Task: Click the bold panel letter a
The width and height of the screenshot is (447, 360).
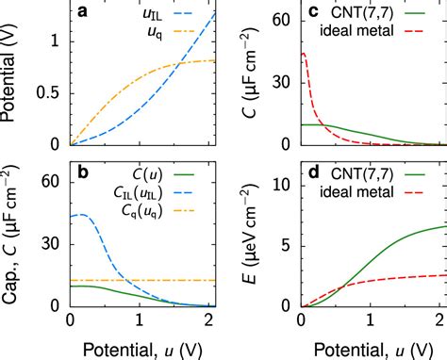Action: coord(83,12)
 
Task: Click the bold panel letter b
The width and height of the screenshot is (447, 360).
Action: coord(83,174)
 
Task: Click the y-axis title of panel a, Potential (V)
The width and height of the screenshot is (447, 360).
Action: coord(13,80)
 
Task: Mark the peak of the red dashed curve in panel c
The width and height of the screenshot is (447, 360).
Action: coord(303,54)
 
